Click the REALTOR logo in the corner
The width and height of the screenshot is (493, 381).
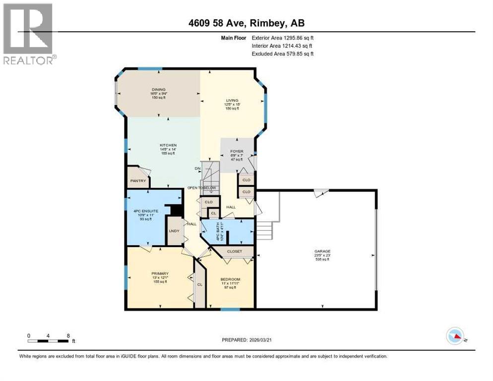28,34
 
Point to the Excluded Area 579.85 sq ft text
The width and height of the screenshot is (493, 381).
283,54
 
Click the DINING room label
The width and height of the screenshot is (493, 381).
159,90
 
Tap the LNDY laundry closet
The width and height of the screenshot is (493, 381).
174,231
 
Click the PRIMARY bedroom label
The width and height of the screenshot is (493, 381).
160,273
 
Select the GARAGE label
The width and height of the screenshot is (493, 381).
322,252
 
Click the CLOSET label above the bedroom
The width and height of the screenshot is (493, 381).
235,252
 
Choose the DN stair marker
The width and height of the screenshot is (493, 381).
196,169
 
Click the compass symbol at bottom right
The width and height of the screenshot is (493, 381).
455,336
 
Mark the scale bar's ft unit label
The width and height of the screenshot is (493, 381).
73,341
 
